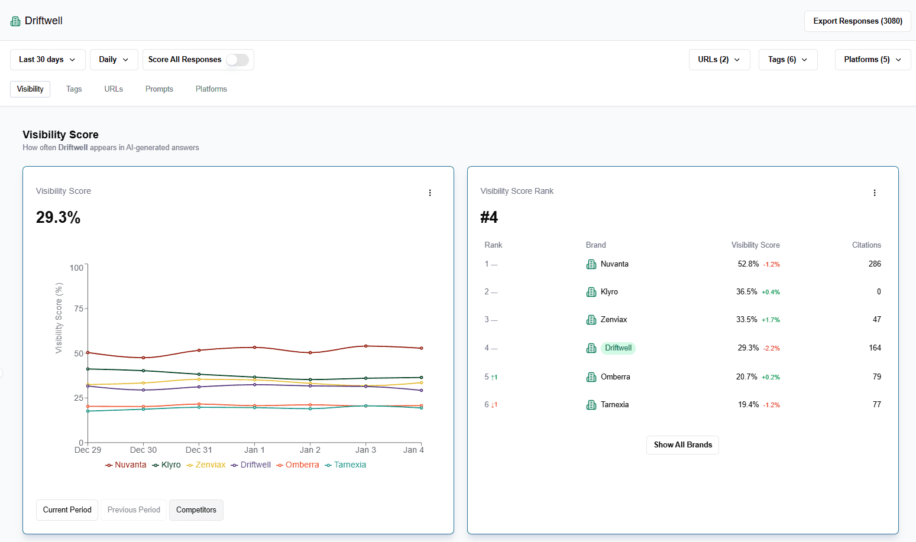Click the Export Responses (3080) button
click(857, 21)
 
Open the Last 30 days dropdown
click(47, 60)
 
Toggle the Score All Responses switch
click(237, 60)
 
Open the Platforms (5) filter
click(872, 60)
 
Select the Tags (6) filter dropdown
click(788, 60)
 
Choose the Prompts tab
click(159, 89)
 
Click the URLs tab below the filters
click(114, 89)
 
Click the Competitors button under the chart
click(196, 510)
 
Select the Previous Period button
click(134, 510)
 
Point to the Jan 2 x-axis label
click(310, 450)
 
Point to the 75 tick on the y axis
click(78, 309)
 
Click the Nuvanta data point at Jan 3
click(366, 346)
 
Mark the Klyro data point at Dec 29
click(88, 369)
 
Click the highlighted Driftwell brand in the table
click(618, 348)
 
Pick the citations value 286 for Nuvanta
click(875, 264)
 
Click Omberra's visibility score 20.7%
click(746, 377)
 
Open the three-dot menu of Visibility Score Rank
click(875, 193)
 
